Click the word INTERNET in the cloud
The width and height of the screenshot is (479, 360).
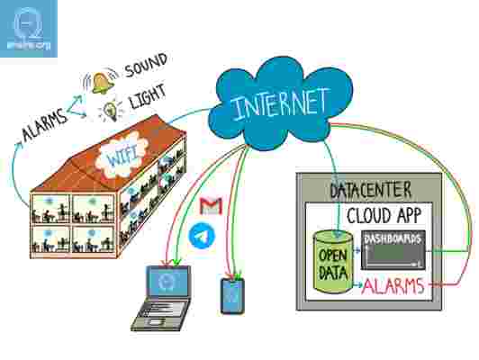tap(279, 103)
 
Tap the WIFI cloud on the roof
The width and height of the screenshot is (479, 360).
tap(122, 157)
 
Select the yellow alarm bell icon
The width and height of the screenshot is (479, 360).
tap(101, 83)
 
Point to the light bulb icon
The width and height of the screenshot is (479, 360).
tap(110, 110)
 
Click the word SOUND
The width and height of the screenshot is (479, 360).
tap(146, 65)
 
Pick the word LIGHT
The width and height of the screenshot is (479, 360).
tap(149, 96)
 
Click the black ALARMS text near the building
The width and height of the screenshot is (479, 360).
tap(45, 125)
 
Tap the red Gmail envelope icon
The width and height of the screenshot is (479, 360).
tap(211, 206)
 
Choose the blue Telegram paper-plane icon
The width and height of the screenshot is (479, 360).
tap(202, 236)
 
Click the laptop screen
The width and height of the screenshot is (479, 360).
tap(167, 281)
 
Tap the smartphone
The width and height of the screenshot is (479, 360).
tap(232, 296)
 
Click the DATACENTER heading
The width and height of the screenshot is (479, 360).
tap(371, 190)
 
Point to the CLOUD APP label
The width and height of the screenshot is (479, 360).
tap(384, 216)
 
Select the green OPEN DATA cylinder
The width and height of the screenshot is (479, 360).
tap(333, 262)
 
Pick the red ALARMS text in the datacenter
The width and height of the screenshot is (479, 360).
tap(393, 286)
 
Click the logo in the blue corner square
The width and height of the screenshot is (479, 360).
tap(29, 30)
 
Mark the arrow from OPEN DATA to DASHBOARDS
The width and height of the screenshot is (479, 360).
tap(357, 250)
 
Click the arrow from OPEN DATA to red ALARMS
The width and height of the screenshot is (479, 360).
tap(357, 284)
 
